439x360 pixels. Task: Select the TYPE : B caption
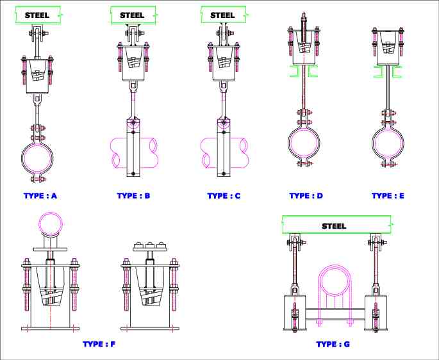(x=133, y=195)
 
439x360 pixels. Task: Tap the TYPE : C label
(x=224, y=195)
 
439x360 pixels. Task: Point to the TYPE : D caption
(x=306, y=195)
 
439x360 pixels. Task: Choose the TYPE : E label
(x=388, y=195)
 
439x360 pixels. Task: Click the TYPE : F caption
(x=99, y=344)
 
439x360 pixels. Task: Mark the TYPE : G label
(x=333, y=344)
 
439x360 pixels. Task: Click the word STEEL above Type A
(x=37, y=14)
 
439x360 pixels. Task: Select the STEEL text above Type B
(x=132, y=14)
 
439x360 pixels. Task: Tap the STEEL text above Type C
(x=222, y=14)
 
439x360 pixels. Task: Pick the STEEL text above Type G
(x=334, y=225)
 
